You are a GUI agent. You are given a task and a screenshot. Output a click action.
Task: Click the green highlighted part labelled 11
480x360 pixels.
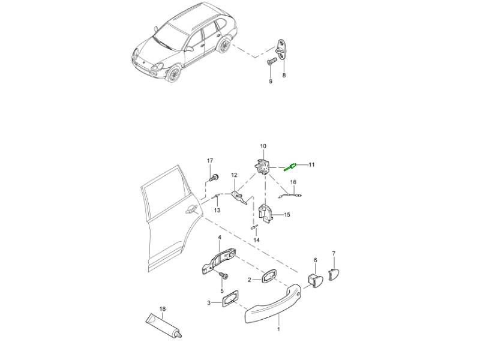coord(290,167)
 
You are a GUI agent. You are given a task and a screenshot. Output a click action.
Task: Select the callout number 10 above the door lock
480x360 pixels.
coord(263,146)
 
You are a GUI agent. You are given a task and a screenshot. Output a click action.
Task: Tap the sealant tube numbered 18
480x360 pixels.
coord(164,326)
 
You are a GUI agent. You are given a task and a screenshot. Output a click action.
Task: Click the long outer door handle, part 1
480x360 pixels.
coord(274,304)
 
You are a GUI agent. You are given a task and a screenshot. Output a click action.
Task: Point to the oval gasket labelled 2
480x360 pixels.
coord(268,277)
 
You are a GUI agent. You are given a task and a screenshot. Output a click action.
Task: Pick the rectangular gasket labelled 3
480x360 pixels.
coord(230,298)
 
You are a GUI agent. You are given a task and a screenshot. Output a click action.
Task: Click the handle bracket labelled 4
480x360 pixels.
coord(220,260)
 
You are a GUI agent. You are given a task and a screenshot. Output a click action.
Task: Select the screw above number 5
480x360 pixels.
coord(224,276)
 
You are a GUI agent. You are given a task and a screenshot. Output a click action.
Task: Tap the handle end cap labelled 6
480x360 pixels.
coord(314,280)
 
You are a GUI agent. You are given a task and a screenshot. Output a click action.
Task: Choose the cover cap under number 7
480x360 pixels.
coord(334,273)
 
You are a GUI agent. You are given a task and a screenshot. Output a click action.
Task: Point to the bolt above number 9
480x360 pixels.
coord(271,62)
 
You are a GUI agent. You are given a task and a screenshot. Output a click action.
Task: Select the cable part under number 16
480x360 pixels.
coord(290,194)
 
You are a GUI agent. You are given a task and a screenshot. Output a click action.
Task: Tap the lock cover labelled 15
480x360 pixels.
coord(266,212)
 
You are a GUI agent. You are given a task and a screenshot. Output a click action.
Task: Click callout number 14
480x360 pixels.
coord(257,241)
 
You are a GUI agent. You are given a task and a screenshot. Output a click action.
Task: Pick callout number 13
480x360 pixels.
coord(217,211)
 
